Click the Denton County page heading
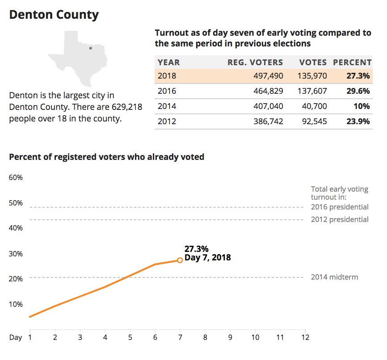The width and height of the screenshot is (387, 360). pos(54,15)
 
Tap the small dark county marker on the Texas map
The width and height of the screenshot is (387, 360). pos(90,48)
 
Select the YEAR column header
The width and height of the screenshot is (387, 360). pos(168,63)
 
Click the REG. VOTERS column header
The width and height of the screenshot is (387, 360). pos(255,63)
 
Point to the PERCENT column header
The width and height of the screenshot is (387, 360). pos(352,63)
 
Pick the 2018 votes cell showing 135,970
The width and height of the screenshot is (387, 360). pos(312,76)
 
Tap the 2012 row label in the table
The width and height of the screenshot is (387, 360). pos(167,121)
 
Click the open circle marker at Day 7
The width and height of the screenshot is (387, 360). pos(180,260)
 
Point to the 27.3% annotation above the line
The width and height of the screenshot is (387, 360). pos(196,249)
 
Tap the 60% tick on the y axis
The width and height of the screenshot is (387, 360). pos(16,177)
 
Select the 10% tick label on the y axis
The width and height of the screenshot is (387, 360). pos(16,304)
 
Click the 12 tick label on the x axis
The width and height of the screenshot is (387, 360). pos(305,337)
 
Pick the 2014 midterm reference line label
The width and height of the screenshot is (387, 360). pos(334,277)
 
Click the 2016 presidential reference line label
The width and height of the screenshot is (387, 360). pos(340,207)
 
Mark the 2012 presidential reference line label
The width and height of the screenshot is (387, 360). pos(340,219)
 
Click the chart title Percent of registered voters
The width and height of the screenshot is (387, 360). pos(106,157)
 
